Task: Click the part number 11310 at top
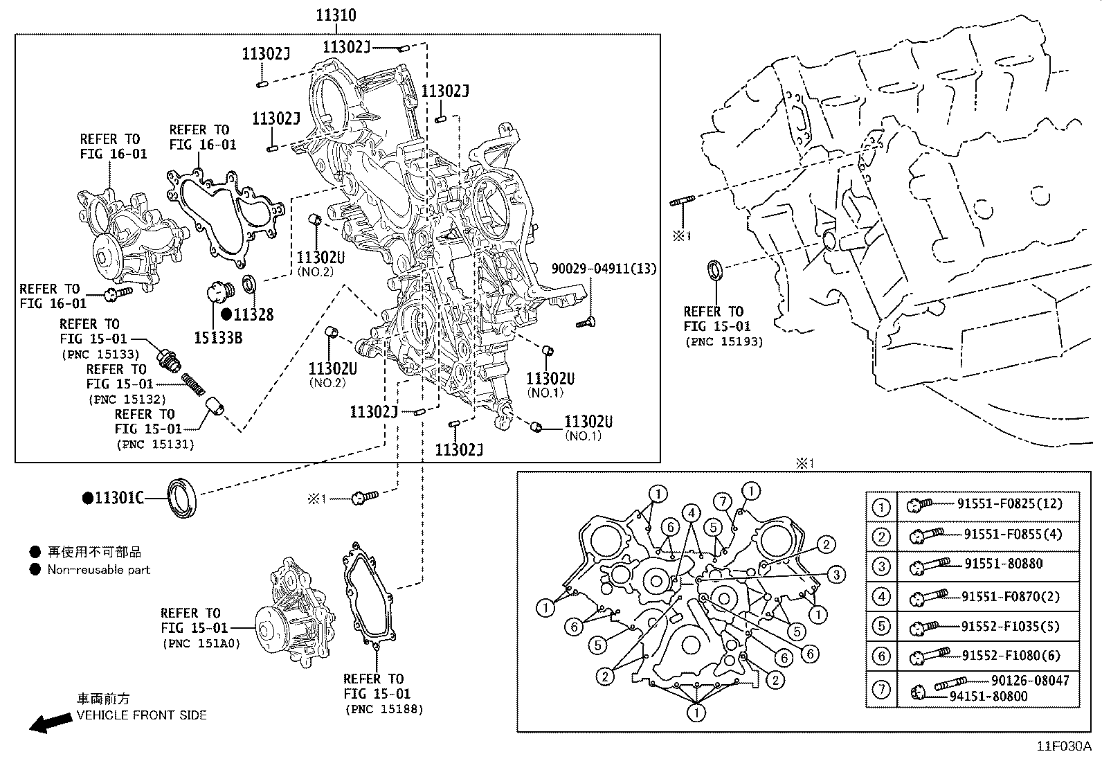coord(336,15)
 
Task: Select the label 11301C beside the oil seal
coord(119,498)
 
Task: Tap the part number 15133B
coord(217,337)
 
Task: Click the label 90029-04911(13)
coord(604,269)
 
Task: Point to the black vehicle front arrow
coord(50,723)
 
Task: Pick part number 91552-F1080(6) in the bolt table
coord(1011,655)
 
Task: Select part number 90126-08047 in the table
coord(1030,681)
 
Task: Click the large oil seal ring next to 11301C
coord(183,496)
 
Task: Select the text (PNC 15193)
coord(723,341)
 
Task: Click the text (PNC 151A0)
coord(201,643)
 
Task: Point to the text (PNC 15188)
coord(383,709)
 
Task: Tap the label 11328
coord(253,314)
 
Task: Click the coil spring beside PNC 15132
coord(195,384)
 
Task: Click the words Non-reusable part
coord(98,570)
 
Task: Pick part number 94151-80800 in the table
coord(988,696)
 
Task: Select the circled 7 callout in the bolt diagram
coord(723,501)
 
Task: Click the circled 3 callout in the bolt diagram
coord(835,574)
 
